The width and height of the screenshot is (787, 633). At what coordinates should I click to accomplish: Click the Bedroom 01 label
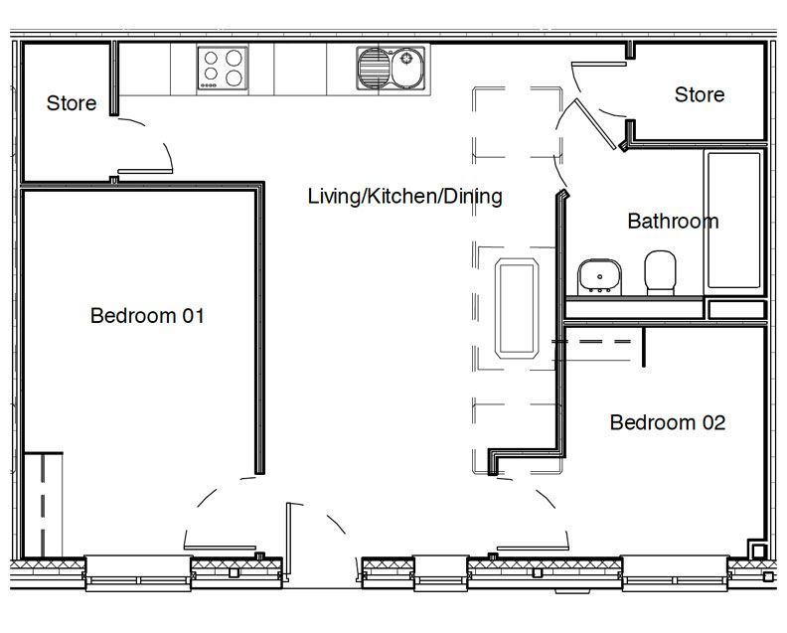tap(147, 316)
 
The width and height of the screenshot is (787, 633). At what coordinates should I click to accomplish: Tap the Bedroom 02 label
tap(668, 422)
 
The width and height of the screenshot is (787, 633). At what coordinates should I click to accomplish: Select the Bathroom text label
tap(673, 221)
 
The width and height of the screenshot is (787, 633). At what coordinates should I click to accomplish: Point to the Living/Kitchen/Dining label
tap(404, 197)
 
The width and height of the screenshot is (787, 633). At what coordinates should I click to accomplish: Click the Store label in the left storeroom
tap(72, 103)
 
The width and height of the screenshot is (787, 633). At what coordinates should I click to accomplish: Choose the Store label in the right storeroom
tap(700, 94)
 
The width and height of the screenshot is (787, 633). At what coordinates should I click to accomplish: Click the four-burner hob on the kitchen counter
tap(223, 69)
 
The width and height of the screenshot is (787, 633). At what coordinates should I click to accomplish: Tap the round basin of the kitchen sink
tap(407, 68)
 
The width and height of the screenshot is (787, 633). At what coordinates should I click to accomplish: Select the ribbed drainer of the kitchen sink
tap(374, 68)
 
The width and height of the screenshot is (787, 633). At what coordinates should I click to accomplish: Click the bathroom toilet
tap(660, 272)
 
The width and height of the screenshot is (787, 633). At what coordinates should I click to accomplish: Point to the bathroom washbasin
tap(599, 276)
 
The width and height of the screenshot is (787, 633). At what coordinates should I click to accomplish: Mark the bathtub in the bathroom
tap(733, 221)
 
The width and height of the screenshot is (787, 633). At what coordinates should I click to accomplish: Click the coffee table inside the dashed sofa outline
tap(517, 308)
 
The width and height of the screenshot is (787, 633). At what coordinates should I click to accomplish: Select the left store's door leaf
tap(145, 172)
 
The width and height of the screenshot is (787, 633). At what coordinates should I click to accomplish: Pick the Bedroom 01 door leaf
tap(220, 548)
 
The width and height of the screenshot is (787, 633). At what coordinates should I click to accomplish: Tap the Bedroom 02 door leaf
tap(533, 549)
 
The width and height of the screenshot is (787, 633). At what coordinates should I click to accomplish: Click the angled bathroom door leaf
tap(595, 124)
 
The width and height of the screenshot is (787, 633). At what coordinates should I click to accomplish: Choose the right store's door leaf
tap(599, 65)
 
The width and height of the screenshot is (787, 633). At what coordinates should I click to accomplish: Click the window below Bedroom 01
tap(138, 573)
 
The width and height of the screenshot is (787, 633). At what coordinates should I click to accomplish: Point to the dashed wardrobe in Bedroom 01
tap(43, 505)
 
